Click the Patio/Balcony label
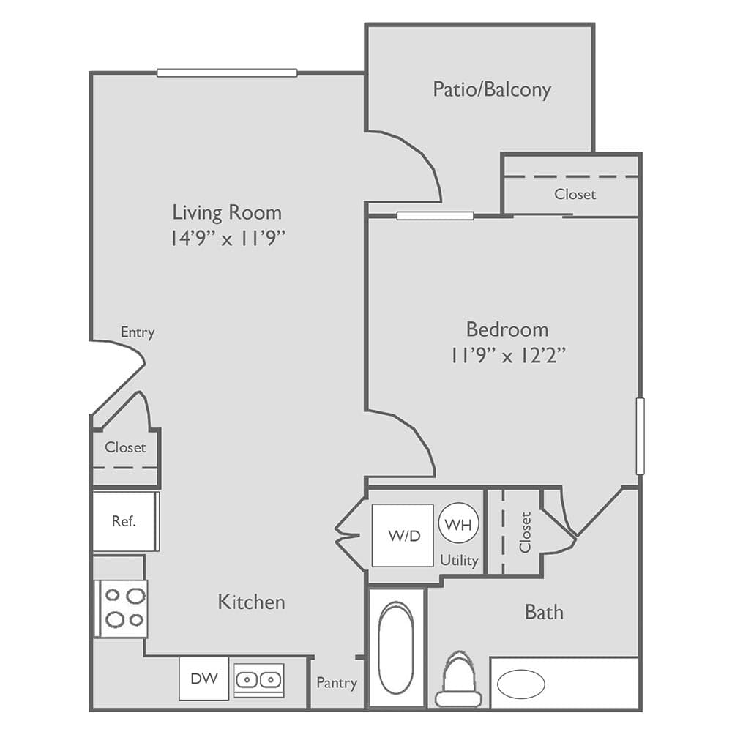pos(491,90)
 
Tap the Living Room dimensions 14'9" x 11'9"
pos(227,238)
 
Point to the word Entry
pos(138,332)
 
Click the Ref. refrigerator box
pos(124,522)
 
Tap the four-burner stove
pos(124,608)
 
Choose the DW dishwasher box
pos(204,679)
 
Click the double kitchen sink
pos(258,680)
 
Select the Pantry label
pos(337,683)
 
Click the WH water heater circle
pos(459,524)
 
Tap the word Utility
pos(459,561)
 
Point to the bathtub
pos(396,648)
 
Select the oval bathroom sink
pos(520,684)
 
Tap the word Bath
pos(544,612)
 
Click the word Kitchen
pos(251,602)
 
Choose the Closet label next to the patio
pos(575,194)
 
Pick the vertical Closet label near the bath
pos(525,531)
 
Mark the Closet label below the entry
pos(125,447)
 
